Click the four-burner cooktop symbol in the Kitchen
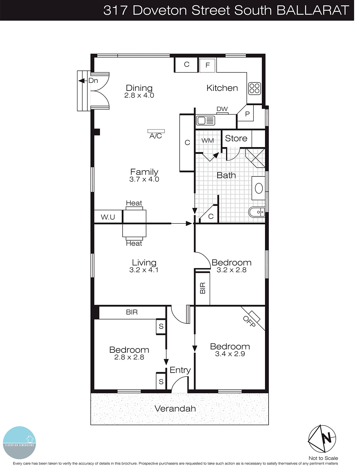click(254, 89)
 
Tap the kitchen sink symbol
click(205, 120)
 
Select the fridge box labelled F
click(207, 65)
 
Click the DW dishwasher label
click(222, 109)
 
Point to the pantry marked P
click(247, 114)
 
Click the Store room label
click(236, 138)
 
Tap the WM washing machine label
click(207, 141)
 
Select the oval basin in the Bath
click(259, 188)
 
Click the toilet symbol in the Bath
click(257, 212)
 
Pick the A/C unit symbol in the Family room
click(156, 131)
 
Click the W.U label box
click(108, 217)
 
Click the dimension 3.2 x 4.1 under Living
click(144, 270)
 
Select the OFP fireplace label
click(249, 321)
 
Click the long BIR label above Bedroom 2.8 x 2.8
click(132, 312)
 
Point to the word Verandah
click(175, 409)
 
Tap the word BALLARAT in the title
click(312, 10)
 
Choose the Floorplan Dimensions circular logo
click(19, 443)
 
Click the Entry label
click(180, 370)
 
